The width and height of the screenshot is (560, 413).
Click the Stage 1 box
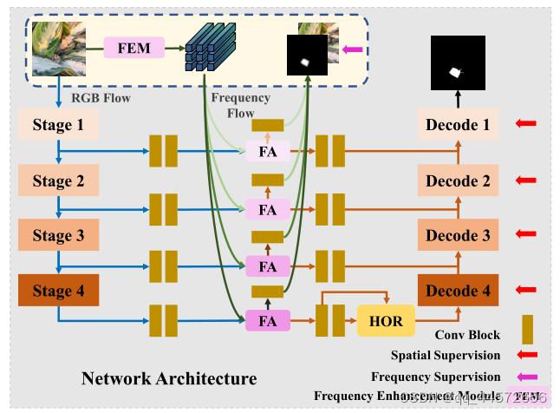click(58, 126)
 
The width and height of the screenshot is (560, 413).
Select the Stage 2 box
click(58, 180)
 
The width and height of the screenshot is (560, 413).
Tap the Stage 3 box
click(58, 235)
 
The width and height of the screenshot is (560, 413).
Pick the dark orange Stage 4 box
click(58, 291)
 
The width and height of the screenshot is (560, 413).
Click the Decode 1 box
click(458, 126)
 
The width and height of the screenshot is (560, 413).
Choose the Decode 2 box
click(458, 180)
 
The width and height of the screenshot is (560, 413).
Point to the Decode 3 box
click(458, 235)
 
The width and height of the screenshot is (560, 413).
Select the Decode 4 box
click(458, 291)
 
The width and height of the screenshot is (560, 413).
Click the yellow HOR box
click(386, 321)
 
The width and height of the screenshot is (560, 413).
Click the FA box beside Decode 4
click(268, 321)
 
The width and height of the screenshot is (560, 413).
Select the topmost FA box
click(268, 153)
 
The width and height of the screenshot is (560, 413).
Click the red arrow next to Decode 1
click(525, 125)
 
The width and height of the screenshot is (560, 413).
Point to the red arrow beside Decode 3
click(525, 235)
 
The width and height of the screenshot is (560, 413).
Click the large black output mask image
click(458, 62)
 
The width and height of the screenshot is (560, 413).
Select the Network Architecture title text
click(169, 378)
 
